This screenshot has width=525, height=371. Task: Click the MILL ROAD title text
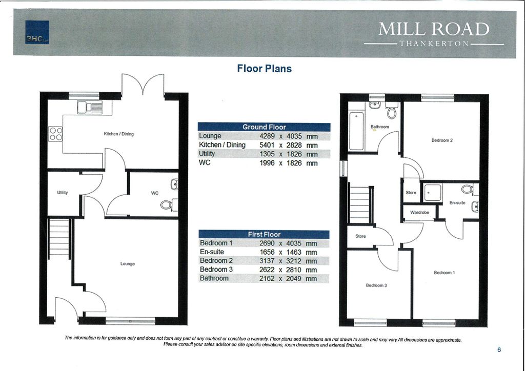tap(434, 29)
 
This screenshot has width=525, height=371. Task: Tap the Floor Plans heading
tap(264, 68)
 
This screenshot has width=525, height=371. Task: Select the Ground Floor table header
tap(264, 127)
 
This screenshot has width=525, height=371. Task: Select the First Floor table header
tap(264, 234)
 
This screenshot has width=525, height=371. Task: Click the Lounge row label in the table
tap(211, 136)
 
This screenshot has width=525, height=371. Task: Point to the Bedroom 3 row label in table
tap(216, 270)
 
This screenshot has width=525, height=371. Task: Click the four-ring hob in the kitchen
tap(55, 134)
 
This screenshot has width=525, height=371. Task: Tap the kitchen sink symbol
tap(90, 107)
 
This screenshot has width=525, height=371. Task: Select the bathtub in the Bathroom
tap(356, 132)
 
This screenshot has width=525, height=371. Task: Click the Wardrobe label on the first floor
tap(419, 212)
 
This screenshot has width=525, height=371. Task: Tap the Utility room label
tap(63, 192)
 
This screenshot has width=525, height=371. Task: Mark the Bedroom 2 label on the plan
tap(441, 140)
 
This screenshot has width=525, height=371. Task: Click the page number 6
tap(499, 349)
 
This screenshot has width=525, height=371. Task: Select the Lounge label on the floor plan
tap(127, 263)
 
